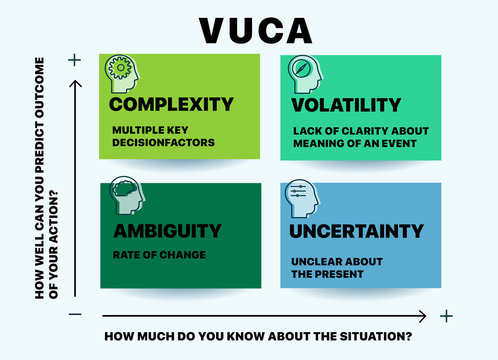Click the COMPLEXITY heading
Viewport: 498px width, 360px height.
(x=171, y=104)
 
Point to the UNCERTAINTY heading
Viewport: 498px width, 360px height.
(x=356, y=231)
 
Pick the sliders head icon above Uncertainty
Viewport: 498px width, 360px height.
(x=301, y=197)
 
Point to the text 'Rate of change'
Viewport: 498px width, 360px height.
(x=158, y=255)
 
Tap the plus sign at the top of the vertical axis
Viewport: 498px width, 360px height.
(x=73, y=60)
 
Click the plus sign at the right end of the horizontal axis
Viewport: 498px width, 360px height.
(x=446, y=316)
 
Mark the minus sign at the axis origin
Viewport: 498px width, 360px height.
(x=73, y=316)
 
